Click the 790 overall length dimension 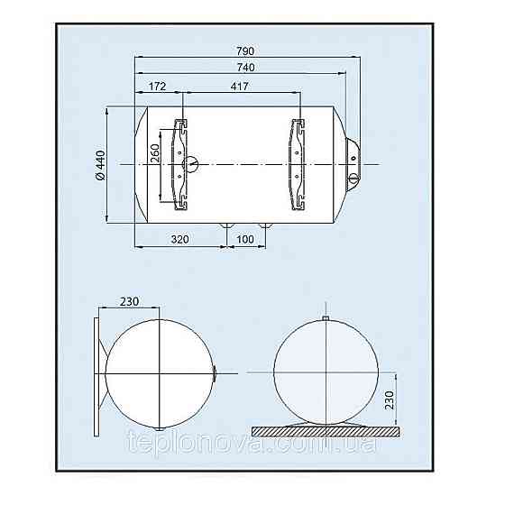245,50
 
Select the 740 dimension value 245,67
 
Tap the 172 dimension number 157,86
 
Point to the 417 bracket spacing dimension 240,86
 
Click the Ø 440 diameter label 101,165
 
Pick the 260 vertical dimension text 155,153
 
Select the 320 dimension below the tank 179,239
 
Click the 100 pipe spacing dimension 245,239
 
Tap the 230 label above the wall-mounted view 129,301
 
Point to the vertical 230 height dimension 389,400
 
